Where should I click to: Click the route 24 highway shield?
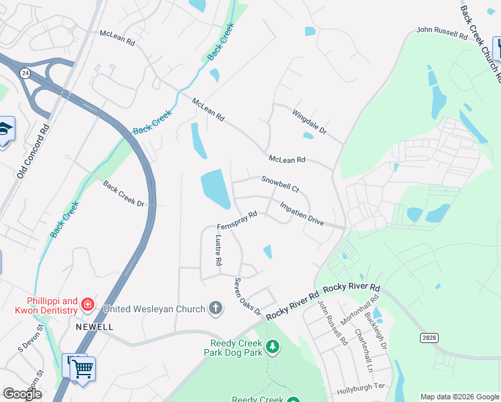(24, 74)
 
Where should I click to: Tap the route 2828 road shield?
(429, 337)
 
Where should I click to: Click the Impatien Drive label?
(301, 214)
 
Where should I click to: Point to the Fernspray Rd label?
(237, 220)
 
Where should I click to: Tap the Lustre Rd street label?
(218, 250)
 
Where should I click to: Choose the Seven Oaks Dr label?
(246, 296)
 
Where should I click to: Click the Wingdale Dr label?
(308, 121)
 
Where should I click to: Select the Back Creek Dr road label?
(124, 193)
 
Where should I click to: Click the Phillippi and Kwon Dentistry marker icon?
(87, 306)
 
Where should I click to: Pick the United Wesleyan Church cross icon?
(215, 309)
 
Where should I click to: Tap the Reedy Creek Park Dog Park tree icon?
(272, 346)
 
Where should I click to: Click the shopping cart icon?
(82, 368)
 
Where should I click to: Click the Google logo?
(22, 393)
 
